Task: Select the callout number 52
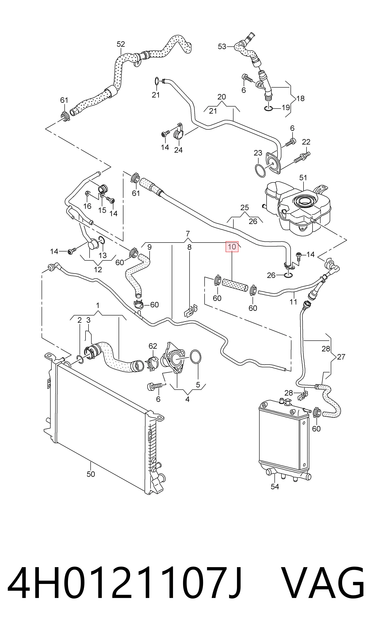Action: point(121,44)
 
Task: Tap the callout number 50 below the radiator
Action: point(91,474)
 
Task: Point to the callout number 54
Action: point(275,487)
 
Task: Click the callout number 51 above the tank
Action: point(303,178)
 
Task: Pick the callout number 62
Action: point(153,346)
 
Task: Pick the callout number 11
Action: point(293,302)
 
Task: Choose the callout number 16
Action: point(87,206)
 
